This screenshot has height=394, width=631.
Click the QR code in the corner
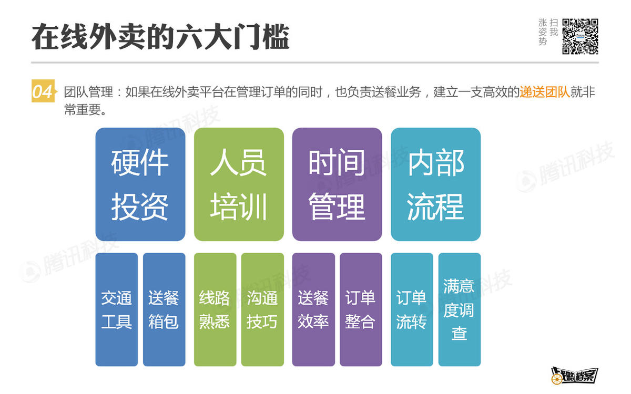581,36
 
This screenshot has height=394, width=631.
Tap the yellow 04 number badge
43,92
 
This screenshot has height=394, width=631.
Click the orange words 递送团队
545,92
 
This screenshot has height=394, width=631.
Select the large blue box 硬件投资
140,184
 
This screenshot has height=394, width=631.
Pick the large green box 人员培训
239,184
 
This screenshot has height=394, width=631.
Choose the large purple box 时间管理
337,184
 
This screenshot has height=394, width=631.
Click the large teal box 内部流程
435,184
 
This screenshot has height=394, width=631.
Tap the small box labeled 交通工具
116,309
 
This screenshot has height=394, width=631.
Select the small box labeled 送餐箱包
164,309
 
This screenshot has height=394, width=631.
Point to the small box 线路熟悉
215,309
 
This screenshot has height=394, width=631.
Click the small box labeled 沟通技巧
262,309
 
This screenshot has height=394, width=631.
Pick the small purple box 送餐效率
313,309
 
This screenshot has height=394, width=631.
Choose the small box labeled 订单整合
361,309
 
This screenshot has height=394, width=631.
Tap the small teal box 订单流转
412,309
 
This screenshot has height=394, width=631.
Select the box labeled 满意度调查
459,309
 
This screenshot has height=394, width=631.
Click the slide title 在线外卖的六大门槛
160,37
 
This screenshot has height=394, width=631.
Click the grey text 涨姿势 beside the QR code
543,33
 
